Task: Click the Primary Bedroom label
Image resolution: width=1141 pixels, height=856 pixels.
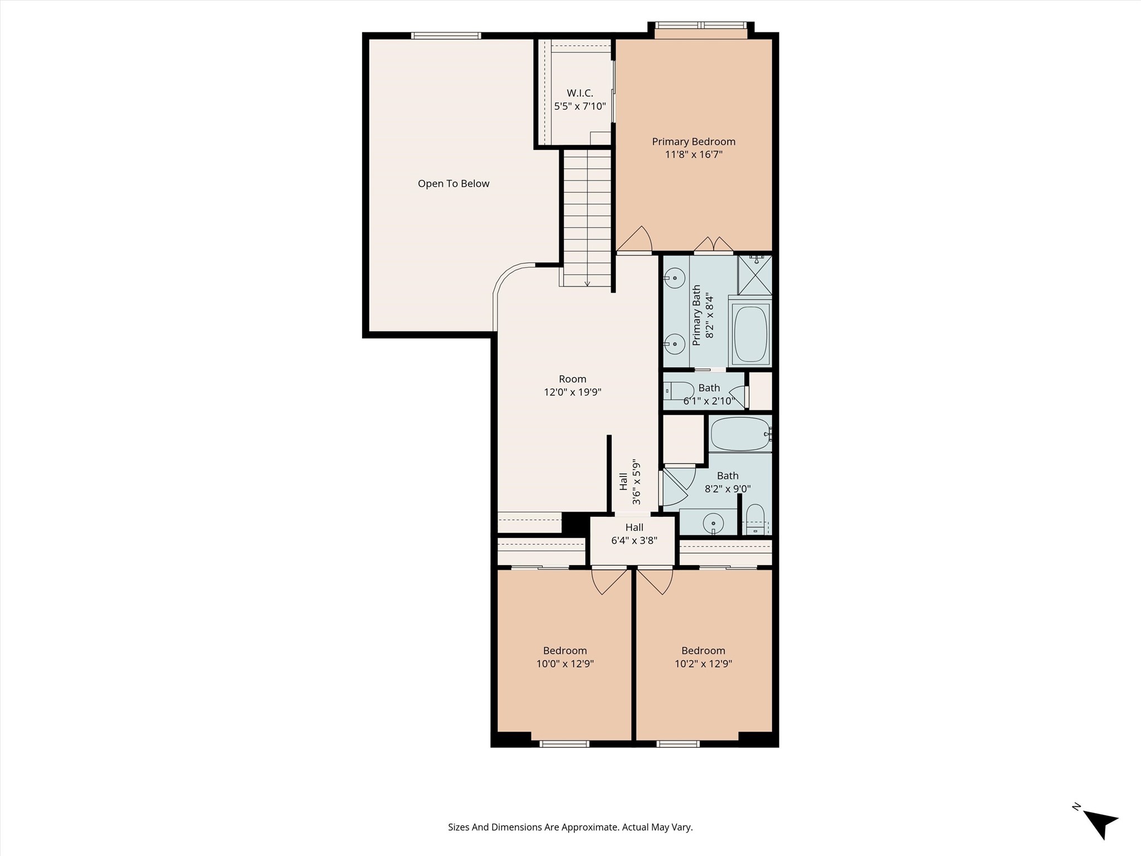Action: [694, 142]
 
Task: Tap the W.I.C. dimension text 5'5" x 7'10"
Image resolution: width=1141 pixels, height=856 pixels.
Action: [579, 106]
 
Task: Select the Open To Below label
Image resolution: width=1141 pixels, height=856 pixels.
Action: [454, 184]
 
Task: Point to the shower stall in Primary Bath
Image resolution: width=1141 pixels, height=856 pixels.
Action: [755, 275]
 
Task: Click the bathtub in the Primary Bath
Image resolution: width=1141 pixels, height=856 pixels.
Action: [751, 334]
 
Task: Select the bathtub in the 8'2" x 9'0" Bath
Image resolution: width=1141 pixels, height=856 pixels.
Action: [740, 434]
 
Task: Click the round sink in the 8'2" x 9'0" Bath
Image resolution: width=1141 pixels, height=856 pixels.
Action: [713, 523]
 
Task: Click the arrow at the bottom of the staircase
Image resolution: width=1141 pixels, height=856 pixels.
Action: [587, 283]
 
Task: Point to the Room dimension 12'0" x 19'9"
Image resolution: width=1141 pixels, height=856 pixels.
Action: [572, 392]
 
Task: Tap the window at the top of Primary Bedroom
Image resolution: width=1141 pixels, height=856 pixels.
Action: [700, 25]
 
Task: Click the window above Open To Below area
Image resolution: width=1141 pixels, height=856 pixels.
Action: [446, 36]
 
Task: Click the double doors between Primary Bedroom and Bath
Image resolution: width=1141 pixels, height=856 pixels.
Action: [713, 245]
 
